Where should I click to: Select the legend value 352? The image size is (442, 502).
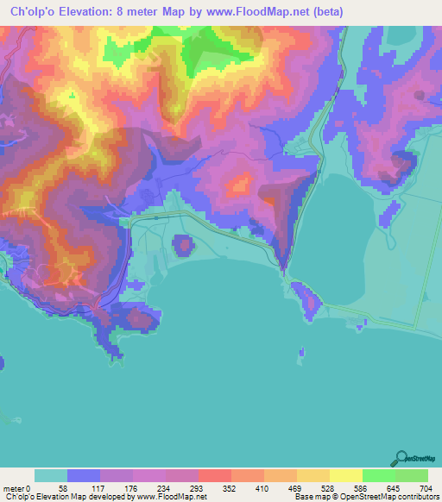point(228,488)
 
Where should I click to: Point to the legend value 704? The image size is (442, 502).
point(425,488)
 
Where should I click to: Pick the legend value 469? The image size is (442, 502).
point(294,488)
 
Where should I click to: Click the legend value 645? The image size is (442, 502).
point(392,488)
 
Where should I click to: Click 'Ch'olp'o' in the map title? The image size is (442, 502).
point(37,12)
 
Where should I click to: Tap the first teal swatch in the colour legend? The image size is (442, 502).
point(51,475)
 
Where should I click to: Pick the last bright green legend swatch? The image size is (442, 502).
point(412,475)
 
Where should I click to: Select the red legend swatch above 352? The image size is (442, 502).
point(215,475)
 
